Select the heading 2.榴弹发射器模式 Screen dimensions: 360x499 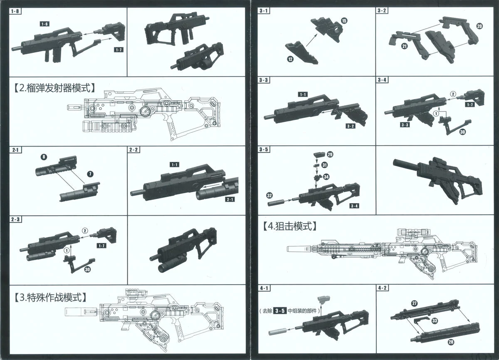pyautogui.click(x=54, y=88)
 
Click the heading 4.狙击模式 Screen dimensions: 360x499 pyautogui.click(x=290, y=226)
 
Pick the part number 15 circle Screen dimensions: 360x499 pyautogui.click(x=343, y=20)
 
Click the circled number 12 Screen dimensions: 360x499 pyautogui.click(x=290, y=59)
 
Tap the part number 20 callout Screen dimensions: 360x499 pyautogui.click(x=479, y=26)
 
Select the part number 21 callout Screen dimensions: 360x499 pyautogui.click(x=404, y=47)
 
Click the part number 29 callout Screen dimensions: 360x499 pyautogui.click(x=330, y=154)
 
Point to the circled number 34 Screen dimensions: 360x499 pyautogui.click(x=326, y=176)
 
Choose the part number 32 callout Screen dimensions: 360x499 pyautogui.click(x=269, y=195)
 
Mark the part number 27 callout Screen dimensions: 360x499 pyautogui.click(x=414, y=303)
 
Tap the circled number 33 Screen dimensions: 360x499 pyautogui.click(x=435, y=320)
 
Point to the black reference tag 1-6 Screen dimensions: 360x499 pyautogui.click(x=44, y=24)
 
